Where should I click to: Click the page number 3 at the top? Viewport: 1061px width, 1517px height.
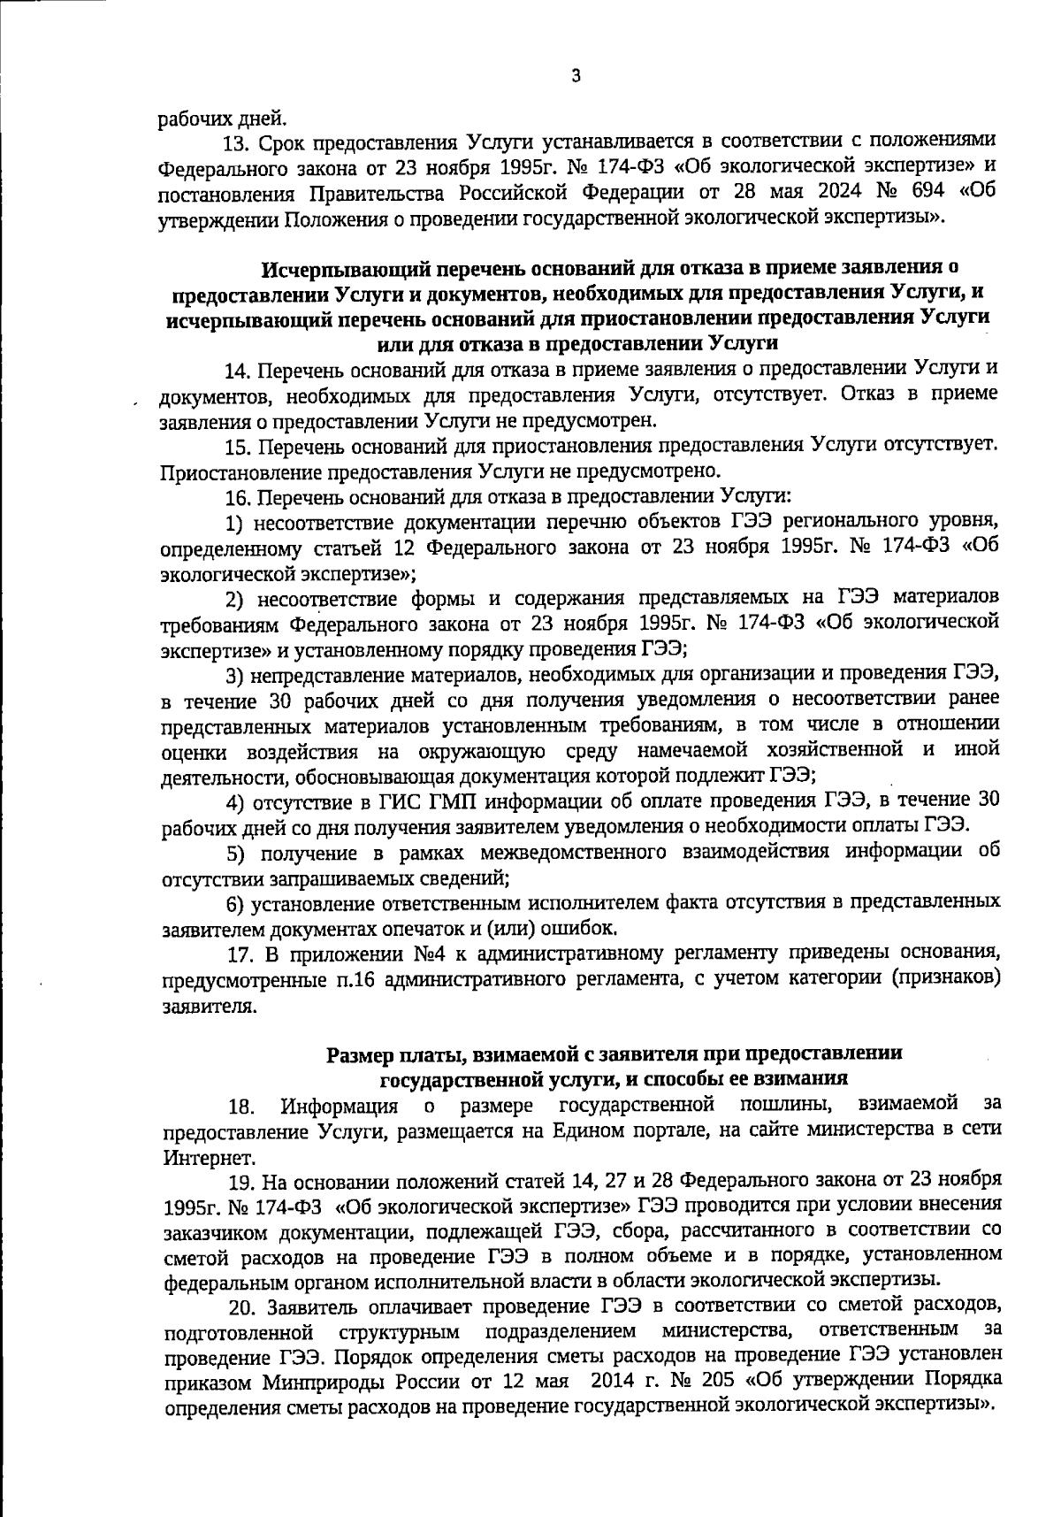(576, 77)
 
